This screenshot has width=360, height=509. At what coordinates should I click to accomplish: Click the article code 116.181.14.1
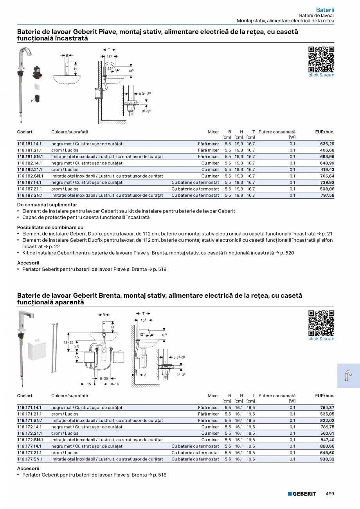pos(29,144)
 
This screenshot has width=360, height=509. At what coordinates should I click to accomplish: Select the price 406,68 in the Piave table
pos(327,150)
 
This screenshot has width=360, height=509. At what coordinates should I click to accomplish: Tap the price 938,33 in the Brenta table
pos(327,459)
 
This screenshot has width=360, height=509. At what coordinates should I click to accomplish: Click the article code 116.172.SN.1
pos(30,440)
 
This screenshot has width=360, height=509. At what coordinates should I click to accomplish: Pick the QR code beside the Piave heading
pos(321,59)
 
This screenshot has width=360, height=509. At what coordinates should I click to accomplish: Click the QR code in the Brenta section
pos(321,323)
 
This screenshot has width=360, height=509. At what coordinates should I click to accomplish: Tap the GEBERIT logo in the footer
pos(302,494)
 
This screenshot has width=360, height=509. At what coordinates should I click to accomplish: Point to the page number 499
pos(330,494)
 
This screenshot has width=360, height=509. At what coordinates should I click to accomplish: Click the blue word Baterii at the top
pos(325,10)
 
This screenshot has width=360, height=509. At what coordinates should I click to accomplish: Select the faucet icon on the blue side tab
pos(348,376)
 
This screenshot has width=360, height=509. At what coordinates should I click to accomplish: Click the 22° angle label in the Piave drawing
pos(110,68)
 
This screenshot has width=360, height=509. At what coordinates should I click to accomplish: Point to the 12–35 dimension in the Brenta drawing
pos(68,342)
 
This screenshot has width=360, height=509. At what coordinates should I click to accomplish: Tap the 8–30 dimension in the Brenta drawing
pos(104,378)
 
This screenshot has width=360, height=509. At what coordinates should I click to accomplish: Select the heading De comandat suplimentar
pos(47,205)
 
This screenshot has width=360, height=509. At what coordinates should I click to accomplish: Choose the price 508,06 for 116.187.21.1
pos(327,189)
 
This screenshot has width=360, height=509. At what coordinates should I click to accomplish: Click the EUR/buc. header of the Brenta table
pos(324,396)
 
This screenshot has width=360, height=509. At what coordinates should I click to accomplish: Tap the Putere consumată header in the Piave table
pos(277,132)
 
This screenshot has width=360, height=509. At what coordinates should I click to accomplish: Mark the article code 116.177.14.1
pos(29,446)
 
